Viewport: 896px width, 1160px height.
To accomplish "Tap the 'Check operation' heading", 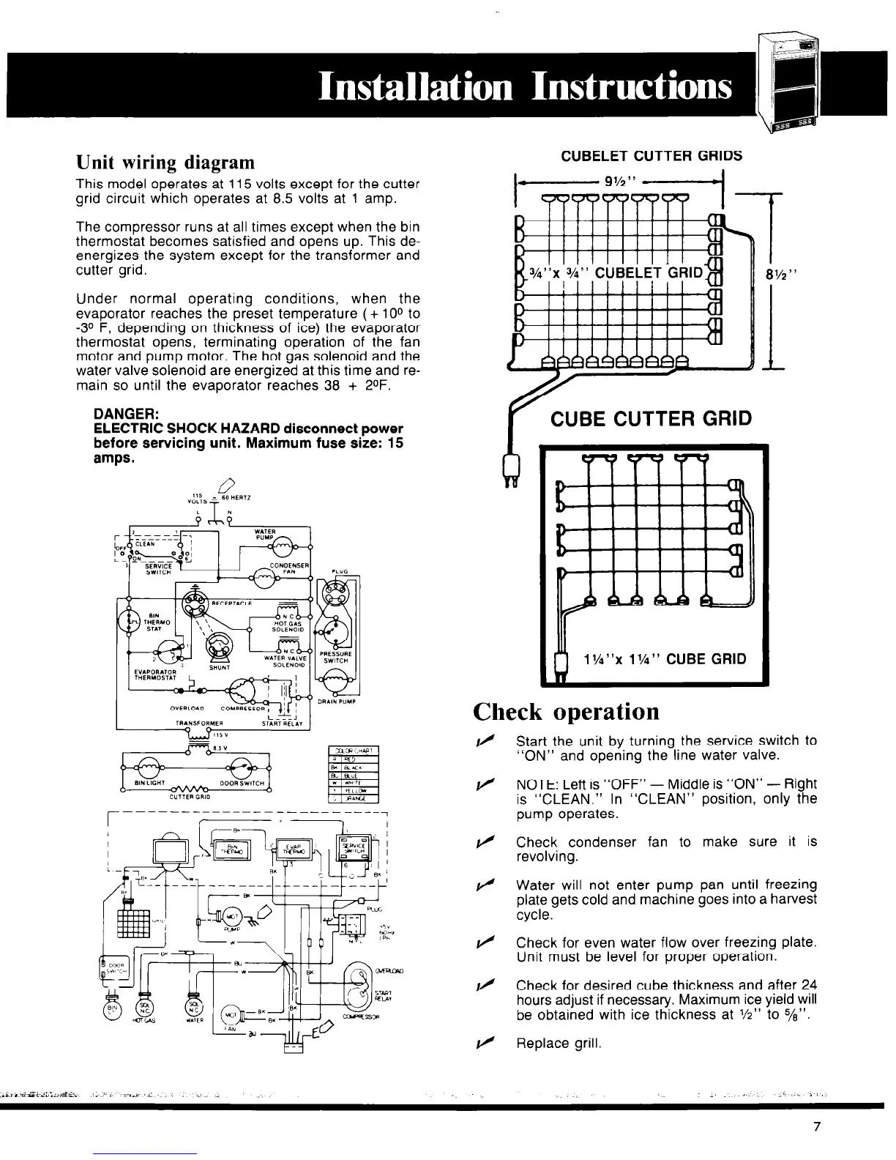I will click(566, 711).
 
